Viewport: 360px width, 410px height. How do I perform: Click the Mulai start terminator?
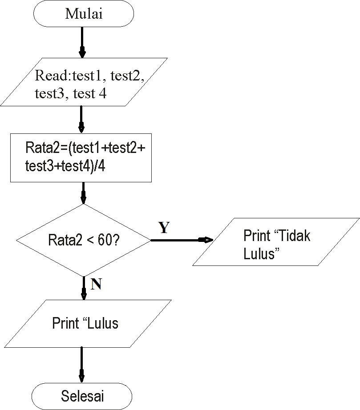point(84,14)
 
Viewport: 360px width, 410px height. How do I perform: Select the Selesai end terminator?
point(82,395)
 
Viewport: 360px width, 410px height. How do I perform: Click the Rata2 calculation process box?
point(81,157)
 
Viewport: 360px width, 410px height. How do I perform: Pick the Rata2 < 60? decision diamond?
point(84,241)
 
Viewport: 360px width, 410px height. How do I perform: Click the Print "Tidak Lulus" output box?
point(276,242)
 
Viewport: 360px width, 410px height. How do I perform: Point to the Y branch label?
point(164,228)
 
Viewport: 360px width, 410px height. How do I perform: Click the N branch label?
point(96,285)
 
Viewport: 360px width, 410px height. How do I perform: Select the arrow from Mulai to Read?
point(82,43)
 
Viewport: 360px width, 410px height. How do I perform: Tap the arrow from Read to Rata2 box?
point(81,119)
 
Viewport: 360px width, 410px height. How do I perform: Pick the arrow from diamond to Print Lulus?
point(84,288)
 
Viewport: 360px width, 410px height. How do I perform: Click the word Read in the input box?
point(49,76)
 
